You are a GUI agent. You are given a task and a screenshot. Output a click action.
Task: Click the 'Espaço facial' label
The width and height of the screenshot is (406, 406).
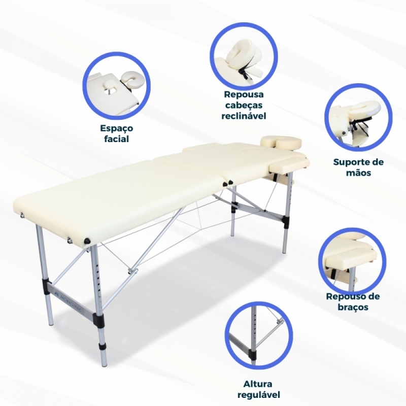tap(117, 133)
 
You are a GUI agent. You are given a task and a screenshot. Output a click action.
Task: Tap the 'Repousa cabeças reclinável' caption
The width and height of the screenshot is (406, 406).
tap(244, 105)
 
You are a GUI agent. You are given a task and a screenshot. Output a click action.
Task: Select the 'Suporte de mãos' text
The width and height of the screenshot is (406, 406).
tap(358, 167)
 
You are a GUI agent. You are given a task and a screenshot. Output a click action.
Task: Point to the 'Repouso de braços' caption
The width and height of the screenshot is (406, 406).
tap(353, 301)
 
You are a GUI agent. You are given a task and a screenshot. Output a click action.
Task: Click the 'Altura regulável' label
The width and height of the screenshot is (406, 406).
tap(259, 389)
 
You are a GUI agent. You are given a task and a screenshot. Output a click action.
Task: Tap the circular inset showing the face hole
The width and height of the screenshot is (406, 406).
tap(117, 85)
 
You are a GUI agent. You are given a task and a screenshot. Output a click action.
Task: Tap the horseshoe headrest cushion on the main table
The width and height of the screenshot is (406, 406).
tap(282, 142)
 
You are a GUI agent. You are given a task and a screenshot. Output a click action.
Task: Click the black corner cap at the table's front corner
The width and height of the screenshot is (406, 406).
tap(87, 241)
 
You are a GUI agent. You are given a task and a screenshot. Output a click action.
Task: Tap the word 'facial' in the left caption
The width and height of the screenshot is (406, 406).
tap(117, 139)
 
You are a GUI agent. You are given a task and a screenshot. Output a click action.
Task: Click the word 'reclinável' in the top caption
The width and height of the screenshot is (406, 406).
tap(244, 116)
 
